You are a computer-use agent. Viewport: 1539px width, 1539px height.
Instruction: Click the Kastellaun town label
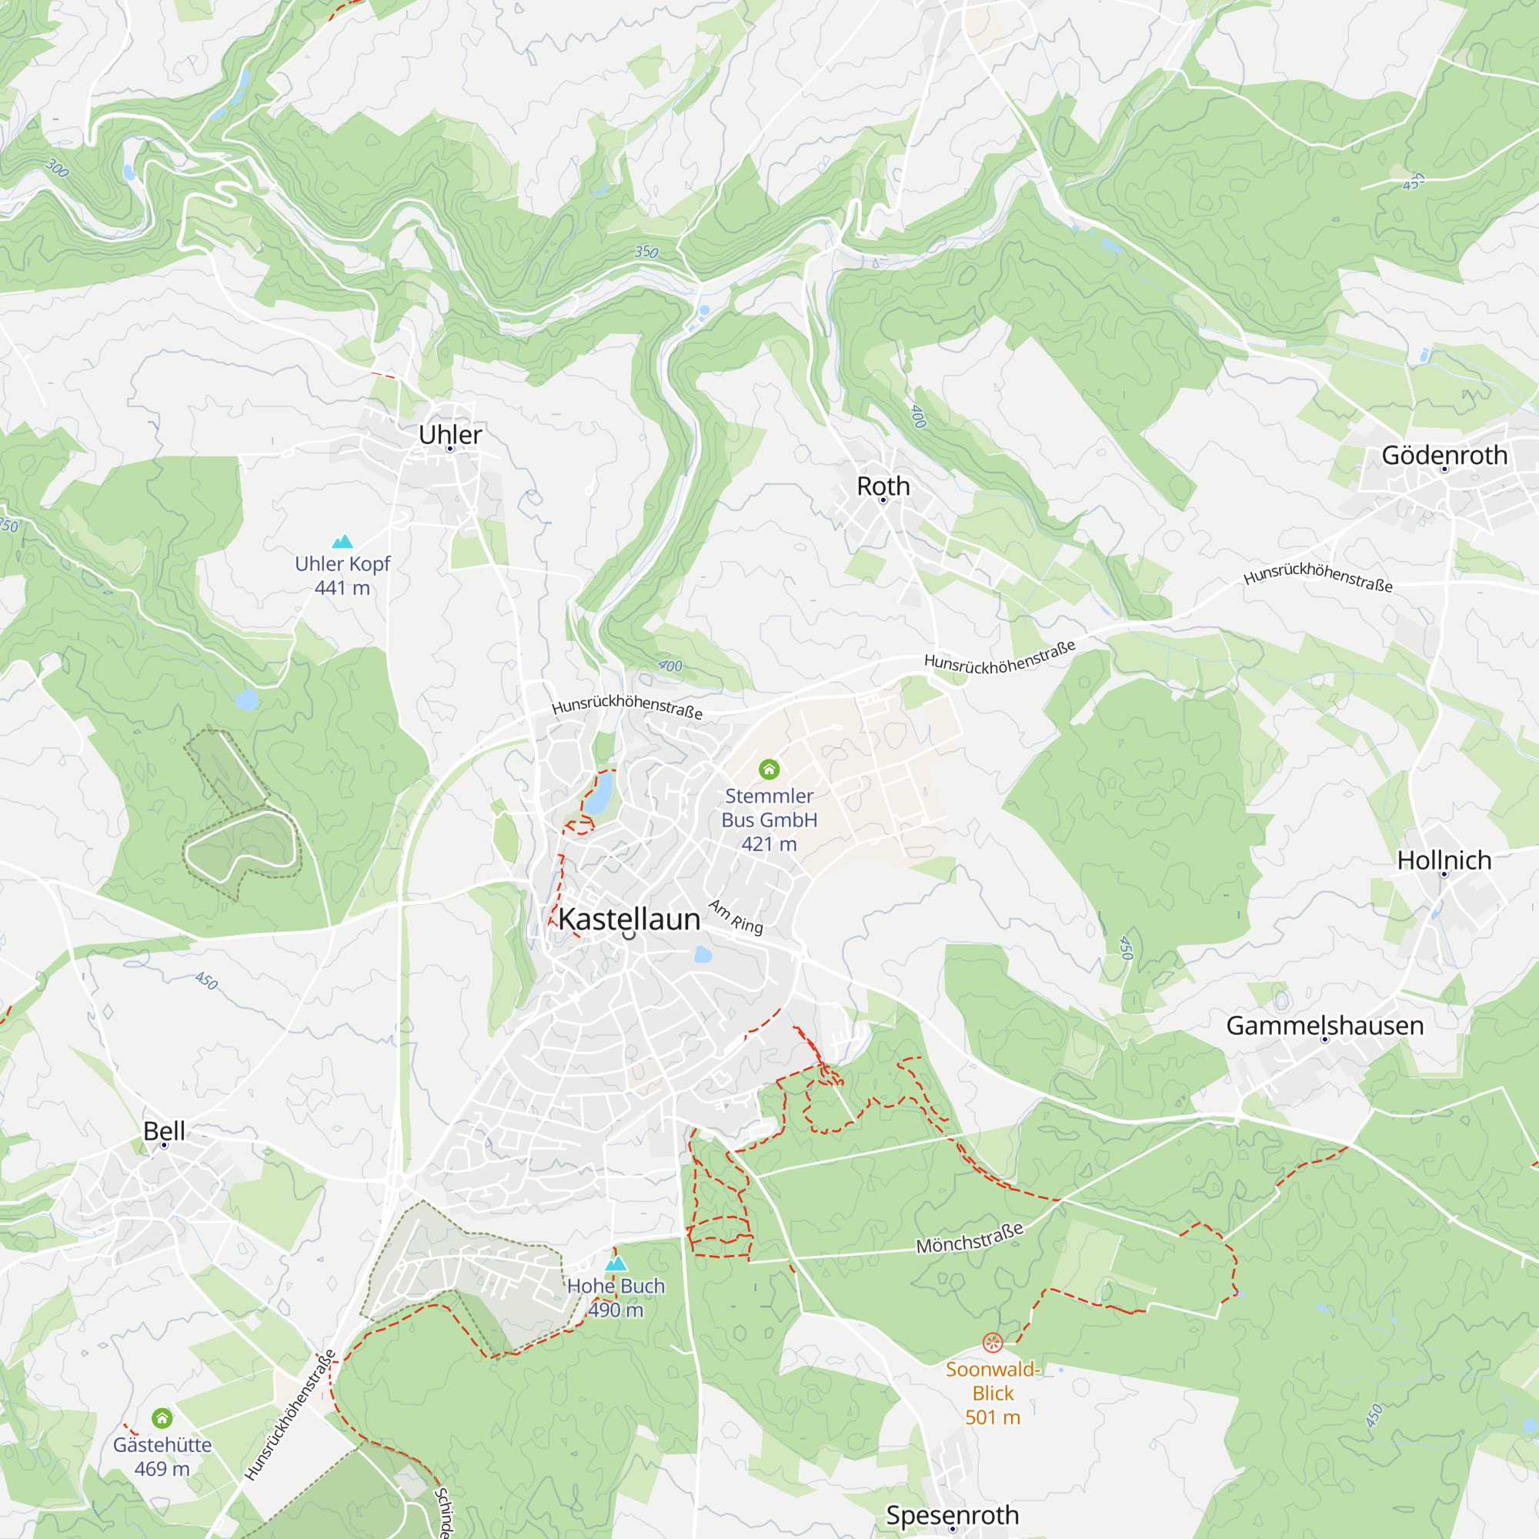click(x=629, y=920)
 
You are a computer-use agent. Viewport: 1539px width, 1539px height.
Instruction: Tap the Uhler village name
click(x=450, y=435)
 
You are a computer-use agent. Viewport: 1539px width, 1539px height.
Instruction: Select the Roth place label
click(x=883, y=486)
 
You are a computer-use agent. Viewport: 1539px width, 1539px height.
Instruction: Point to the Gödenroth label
click(x=1444, y=455)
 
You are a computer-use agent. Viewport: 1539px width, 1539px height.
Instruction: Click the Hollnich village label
click(x=1444, y=860)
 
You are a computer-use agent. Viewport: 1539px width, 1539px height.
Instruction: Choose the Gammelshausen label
click(x=1325, y=1025)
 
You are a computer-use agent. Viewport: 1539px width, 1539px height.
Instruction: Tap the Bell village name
click(x=164, y=1130)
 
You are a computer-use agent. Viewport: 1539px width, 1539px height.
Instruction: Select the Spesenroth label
click(x=952, y=1514)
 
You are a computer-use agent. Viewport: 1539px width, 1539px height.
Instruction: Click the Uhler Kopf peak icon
click(x=342, y=542)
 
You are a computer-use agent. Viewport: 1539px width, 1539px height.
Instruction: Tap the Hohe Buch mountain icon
click(x=616, y=1264)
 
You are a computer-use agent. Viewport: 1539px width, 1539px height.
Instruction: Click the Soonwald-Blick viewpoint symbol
click(x=993, y=1343)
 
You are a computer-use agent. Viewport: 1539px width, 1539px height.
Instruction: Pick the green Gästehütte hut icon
click(x=162, y=1418)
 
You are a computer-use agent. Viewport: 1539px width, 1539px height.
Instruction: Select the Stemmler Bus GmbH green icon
click(x=769, y=769)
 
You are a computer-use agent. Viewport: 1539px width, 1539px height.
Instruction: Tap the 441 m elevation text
click(x=342, y=588)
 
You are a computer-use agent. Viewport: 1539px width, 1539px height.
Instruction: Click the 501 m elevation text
click(x=993, y=1417)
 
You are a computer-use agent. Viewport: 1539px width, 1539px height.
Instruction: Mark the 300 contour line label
click(x=58, y=168)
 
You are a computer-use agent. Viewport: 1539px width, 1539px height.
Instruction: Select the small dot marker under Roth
click(x=883, y=500)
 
